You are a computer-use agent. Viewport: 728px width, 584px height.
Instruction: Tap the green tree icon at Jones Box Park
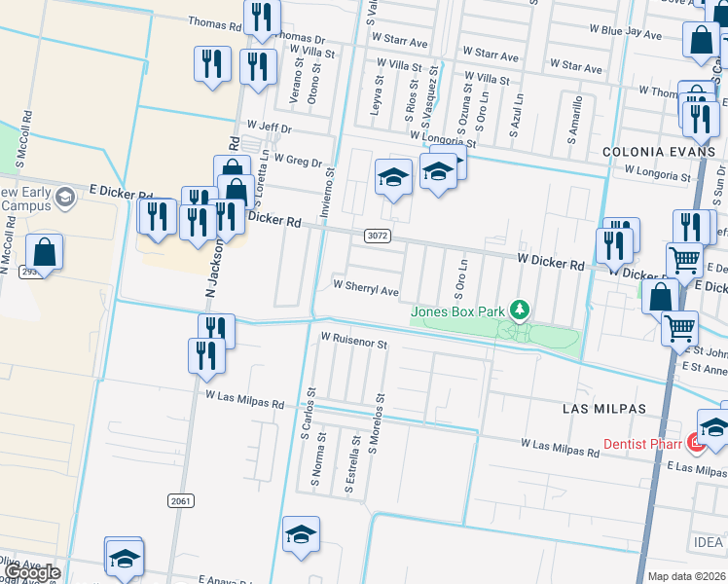pos(521,310)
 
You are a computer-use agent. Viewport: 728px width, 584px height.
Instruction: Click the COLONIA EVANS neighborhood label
pos(659,153)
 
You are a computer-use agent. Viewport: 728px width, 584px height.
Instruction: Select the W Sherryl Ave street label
pos(366,290)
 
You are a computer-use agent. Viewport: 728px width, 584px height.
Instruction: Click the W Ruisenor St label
pos(354,344)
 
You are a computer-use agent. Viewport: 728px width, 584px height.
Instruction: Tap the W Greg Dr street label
pos(298,159)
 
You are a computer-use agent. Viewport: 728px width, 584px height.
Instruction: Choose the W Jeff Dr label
pos(270,127)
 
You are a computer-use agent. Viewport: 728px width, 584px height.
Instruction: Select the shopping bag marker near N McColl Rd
pos(45,252)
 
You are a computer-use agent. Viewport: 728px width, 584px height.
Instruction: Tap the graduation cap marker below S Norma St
pos(301,534)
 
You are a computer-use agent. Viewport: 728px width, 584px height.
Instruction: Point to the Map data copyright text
pos(686,576)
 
